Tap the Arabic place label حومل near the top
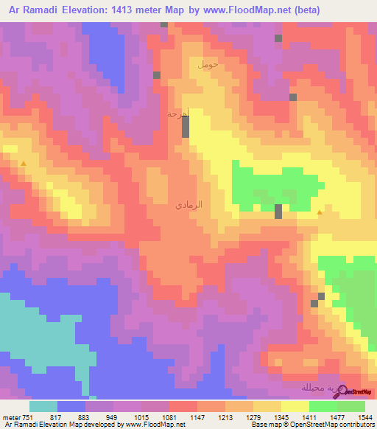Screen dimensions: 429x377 [x=208, y=65]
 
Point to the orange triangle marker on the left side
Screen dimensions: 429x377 [x=24, y=163]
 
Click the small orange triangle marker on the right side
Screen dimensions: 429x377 [x=319, y=213]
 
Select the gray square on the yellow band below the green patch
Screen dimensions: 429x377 [x=278, y=212]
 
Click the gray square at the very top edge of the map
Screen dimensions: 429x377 [x=163, y=24]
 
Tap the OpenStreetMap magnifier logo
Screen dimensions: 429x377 [x=341, y=391]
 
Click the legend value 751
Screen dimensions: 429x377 [x=29, y=416]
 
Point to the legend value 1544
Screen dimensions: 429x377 [x=366, y=416]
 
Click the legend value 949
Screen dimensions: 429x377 [x=113, y=416]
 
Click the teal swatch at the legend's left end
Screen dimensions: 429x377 [x=43, y=406]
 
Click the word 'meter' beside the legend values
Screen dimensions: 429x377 [x=10, y=416]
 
